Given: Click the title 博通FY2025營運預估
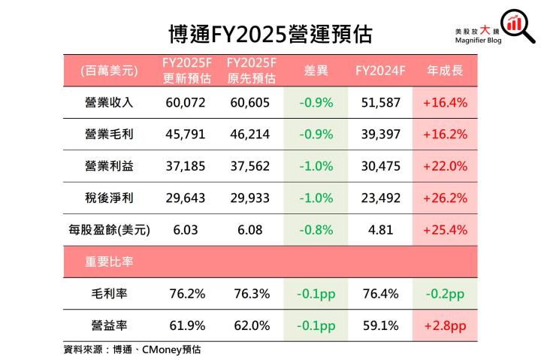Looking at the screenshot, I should coord(270,34).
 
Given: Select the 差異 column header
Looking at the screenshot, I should coord(316,71).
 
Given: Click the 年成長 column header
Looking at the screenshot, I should coord(445,71).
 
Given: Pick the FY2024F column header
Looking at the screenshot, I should coord(380,71).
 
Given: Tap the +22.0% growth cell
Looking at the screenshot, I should coord(445,166).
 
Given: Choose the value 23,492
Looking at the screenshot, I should coord(380,198).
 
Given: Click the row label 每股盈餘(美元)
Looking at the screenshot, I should coord(109,230).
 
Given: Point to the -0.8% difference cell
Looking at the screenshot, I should coord(316,230).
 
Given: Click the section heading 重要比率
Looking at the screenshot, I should coord(109,262).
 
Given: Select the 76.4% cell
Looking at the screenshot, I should coord(380,294).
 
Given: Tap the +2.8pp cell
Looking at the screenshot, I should coord(445,325).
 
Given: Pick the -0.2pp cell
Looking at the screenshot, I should coord(445,294).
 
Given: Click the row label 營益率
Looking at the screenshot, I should coord(109,325).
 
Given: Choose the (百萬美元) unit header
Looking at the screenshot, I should coord(109,71).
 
